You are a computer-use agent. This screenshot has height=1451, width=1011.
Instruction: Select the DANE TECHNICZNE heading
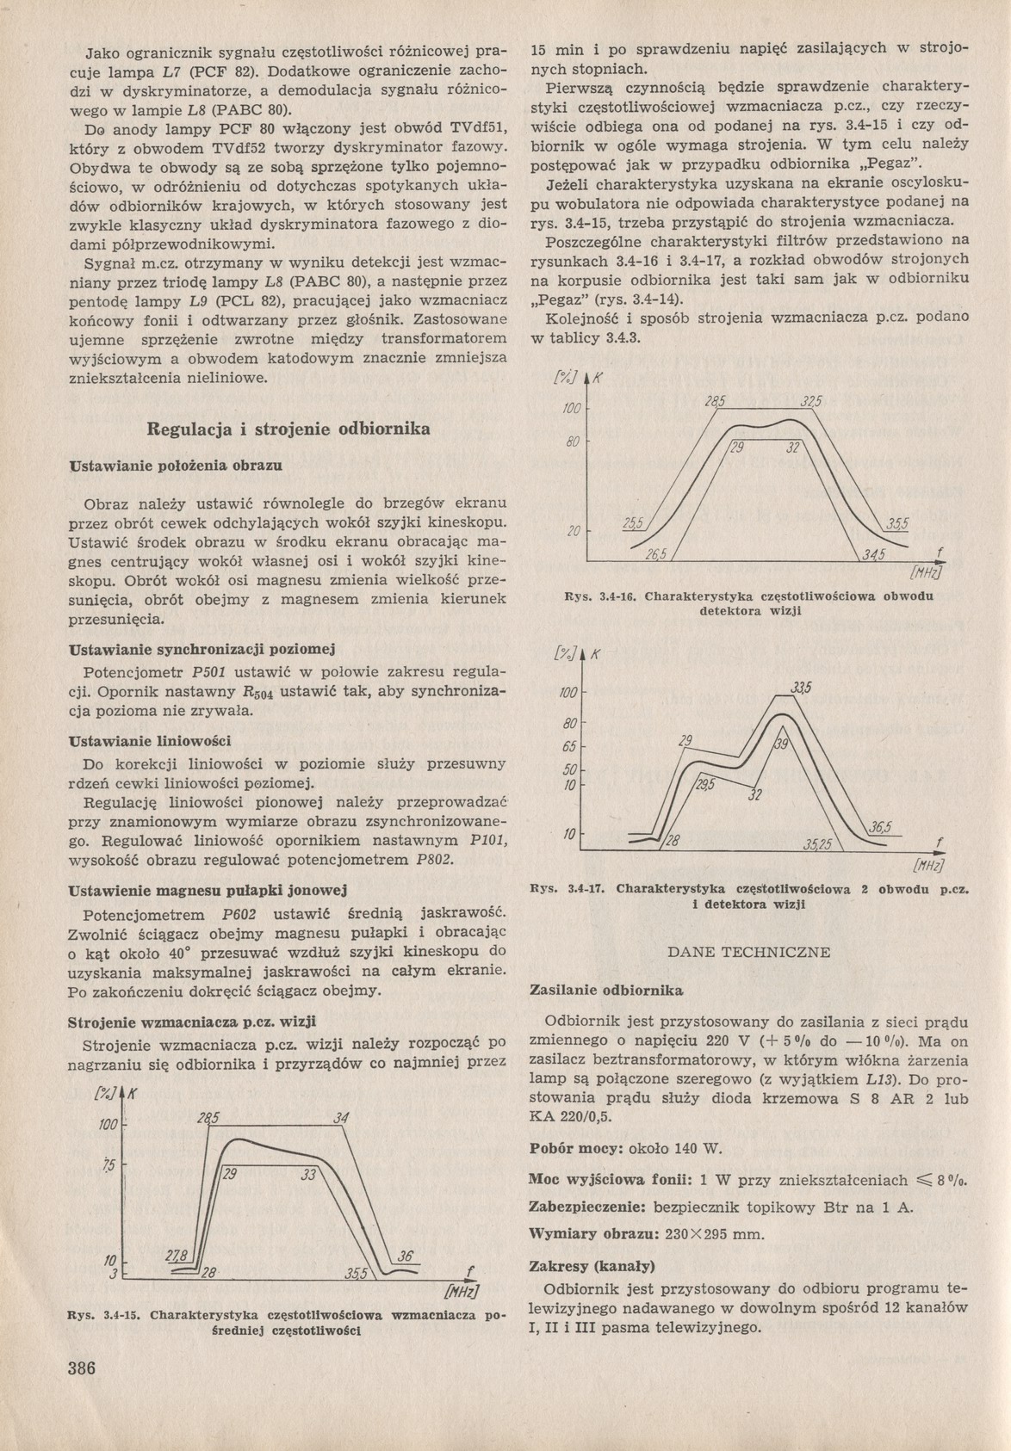(x=748, y=952)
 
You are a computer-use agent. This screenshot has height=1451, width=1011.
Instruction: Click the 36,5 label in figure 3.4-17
(x=880, y=828)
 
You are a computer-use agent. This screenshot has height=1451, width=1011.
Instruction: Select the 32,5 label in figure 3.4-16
(x=811, y=402)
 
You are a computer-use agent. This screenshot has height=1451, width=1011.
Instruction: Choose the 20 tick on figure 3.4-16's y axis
(x=573, y=532)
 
